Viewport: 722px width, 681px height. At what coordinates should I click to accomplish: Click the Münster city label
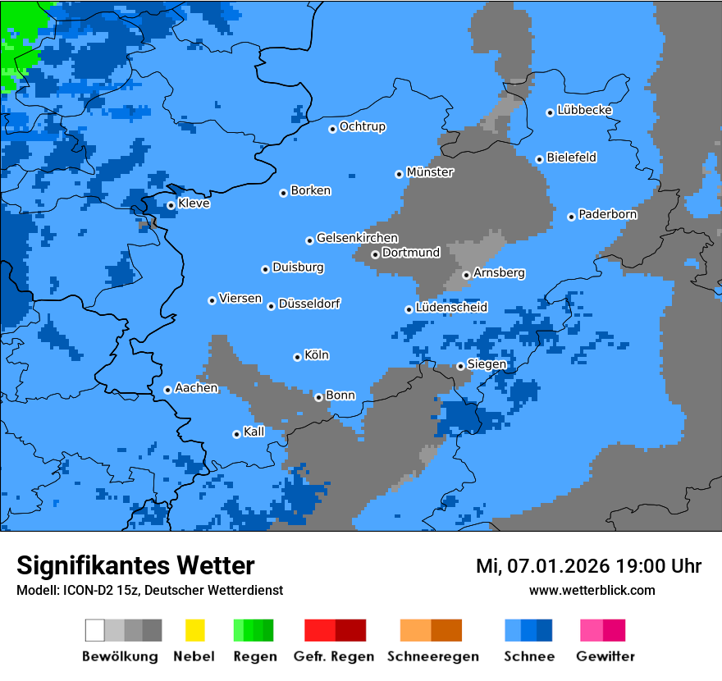click(x=430, y=172)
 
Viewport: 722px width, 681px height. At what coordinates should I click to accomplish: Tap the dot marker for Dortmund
click(x=375, y=254)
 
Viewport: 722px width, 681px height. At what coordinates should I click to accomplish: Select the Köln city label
click(x=317, y=355)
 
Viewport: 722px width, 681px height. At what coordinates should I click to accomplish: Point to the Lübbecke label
click(x=585, y=110)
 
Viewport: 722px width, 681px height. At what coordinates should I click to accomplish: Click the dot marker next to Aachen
click(x=167, y=390)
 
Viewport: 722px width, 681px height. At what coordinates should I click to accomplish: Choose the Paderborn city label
click(x=608, y=214)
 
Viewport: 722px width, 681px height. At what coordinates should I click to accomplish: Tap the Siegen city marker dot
click(x=460, y=366)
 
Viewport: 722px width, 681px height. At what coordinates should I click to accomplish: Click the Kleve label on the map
click(x=194, y=203)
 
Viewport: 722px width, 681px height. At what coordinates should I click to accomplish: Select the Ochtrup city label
click(x=363, y=126)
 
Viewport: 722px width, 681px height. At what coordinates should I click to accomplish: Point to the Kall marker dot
click(x=236, y=434)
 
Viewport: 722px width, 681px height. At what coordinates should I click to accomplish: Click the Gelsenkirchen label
click(x=357, y=238)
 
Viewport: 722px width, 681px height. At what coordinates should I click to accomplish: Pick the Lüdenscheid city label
click(x=452, y=308)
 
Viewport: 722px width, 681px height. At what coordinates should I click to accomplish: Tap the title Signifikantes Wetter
click(x=135, y=565)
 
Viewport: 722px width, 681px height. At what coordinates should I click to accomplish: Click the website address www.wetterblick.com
click(x=592, y=590)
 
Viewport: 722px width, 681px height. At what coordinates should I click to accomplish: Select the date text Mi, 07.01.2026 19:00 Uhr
click(x=588, y=566)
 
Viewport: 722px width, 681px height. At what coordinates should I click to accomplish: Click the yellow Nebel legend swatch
click(x=194, y=630)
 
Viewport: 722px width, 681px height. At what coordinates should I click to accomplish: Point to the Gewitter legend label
click(x=605, y=656)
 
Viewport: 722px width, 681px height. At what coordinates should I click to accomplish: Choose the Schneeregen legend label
click(x=433, y=656)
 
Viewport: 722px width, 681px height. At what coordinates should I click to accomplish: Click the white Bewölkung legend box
click(x=95, y=630)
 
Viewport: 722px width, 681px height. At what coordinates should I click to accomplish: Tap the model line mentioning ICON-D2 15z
click(x=149, y=590)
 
